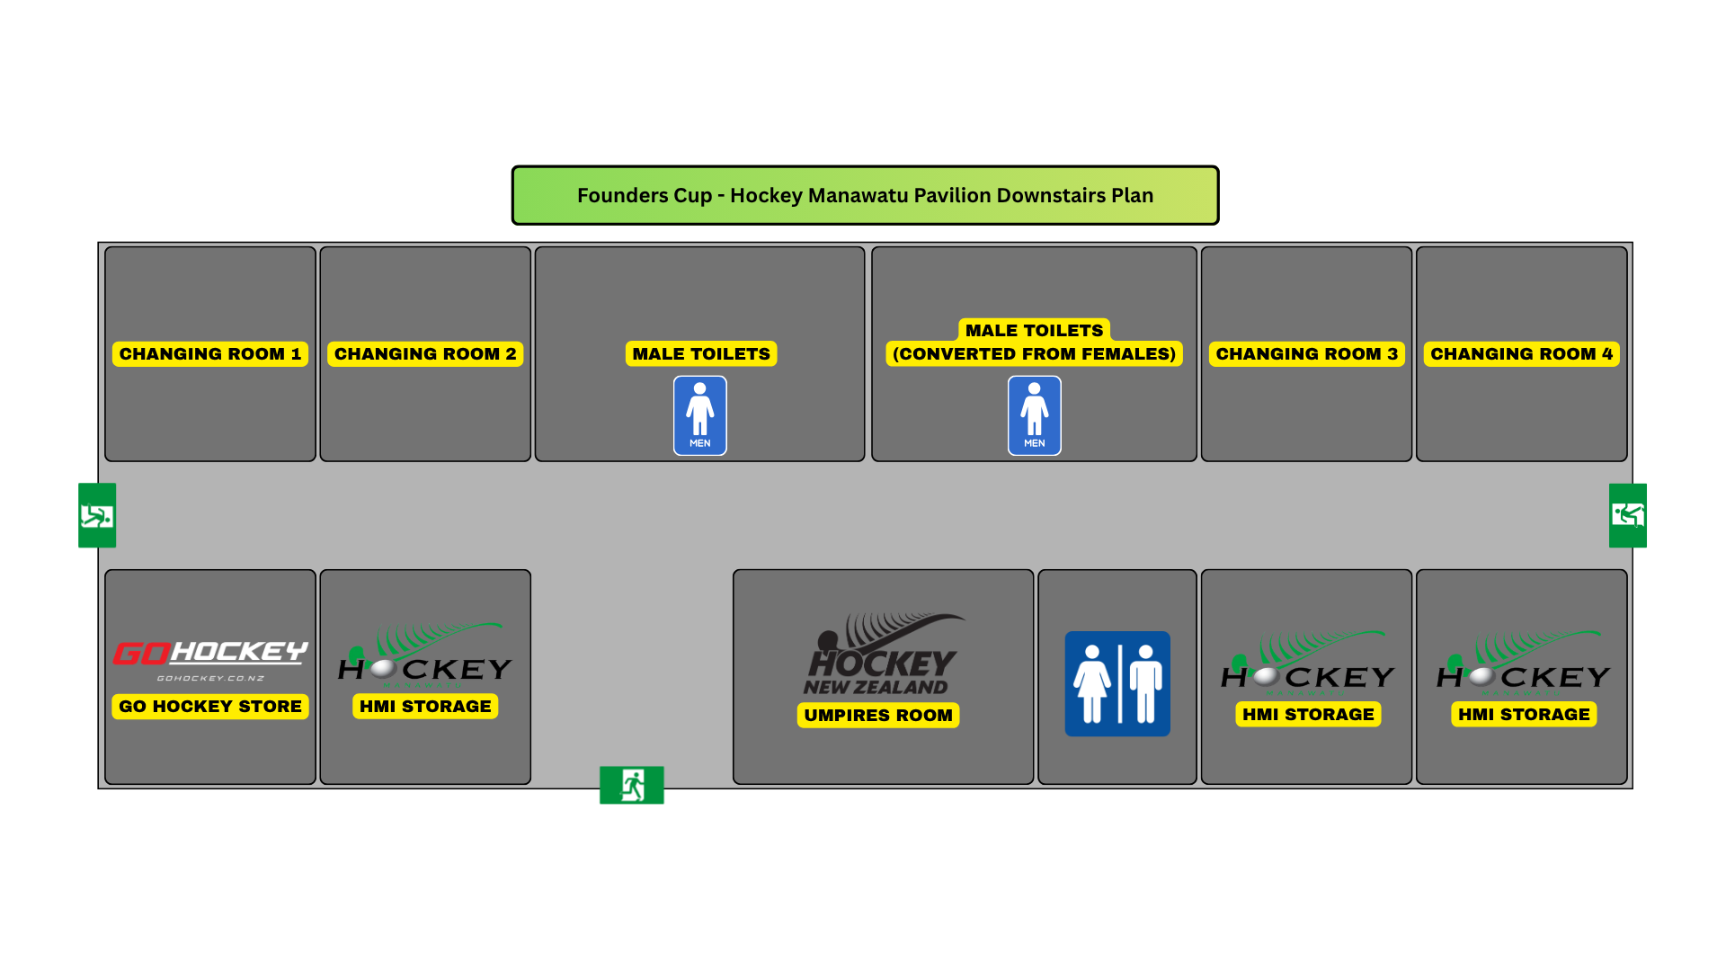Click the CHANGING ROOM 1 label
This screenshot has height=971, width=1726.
tap(210, 354)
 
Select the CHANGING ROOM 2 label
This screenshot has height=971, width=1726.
tap(425, 354)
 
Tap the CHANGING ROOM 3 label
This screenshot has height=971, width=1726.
tap(1307, 354)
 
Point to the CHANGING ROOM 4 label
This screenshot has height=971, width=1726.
tap(1522, 354)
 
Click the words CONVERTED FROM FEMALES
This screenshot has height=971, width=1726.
tap(1035, 354)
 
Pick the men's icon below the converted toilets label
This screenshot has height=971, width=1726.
tap(1035, 415)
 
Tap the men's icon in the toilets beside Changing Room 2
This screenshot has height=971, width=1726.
tap(700, 415)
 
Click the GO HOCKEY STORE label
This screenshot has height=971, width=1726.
tap(210, 707)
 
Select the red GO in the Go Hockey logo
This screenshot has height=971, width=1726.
tap(142, 654)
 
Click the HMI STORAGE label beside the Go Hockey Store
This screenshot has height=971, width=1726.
tap(425, 707)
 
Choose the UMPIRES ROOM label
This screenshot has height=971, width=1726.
tap(878, 716)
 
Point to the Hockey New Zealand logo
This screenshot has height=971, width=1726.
tap(883, 655)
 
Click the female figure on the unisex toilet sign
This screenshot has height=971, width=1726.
tap(1092, 684)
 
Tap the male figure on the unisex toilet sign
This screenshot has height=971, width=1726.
tap(1145, 684)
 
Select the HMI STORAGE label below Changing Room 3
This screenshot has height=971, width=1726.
tap(1308, 715)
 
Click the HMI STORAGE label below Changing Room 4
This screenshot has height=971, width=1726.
tap(1524, 715)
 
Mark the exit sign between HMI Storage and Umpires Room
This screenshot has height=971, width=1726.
tap(632, 785)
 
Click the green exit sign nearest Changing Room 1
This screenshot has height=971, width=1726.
tap(97, 515)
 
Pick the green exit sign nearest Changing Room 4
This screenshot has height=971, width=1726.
tap(1628, 515)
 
